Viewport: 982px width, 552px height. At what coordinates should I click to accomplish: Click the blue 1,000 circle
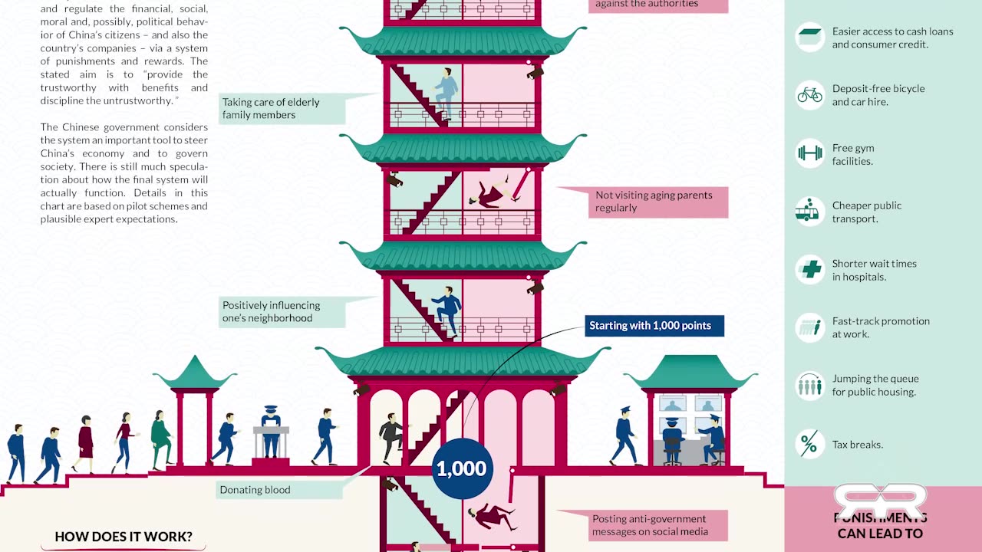coord(461,468)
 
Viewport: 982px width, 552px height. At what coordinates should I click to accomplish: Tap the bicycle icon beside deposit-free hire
coord(809,95)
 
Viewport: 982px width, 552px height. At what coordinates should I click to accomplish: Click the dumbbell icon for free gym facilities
coord(809,153)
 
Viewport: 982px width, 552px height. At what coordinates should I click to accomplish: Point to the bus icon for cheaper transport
coord(809,212)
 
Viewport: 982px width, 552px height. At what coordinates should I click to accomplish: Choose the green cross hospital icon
coord(809,270)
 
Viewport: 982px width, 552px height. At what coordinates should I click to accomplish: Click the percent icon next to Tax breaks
coord(809,444)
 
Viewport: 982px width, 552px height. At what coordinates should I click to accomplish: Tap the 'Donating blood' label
coord(255,490)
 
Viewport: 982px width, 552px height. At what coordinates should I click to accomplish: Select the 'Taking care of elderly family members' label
coord(271,109)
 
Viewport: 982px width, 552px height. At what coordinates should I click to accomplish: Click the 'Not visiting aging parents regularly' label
coord(654,202)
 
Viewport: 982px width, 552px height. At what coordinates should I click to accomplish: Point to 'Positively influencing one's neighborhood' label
coord(271,312)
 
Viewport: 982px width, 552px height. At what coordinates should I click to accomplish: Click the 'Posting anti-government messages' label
coord(649,525)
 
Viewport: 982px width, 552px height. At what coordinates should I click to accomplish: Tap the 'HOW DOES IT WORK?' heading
coord(124,537)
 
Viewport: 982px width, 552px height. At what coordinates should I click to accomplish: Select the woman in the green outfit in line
coord(160,439)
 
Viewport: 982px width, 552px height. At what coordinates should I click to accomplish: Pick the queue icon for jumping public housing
coord(809,385)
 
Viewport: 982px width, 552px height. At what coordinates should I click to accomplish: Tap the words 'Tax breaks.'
coord(857,445)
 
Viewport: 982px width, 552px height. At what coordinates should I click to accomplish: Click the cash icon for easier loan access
coord(809,37)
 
